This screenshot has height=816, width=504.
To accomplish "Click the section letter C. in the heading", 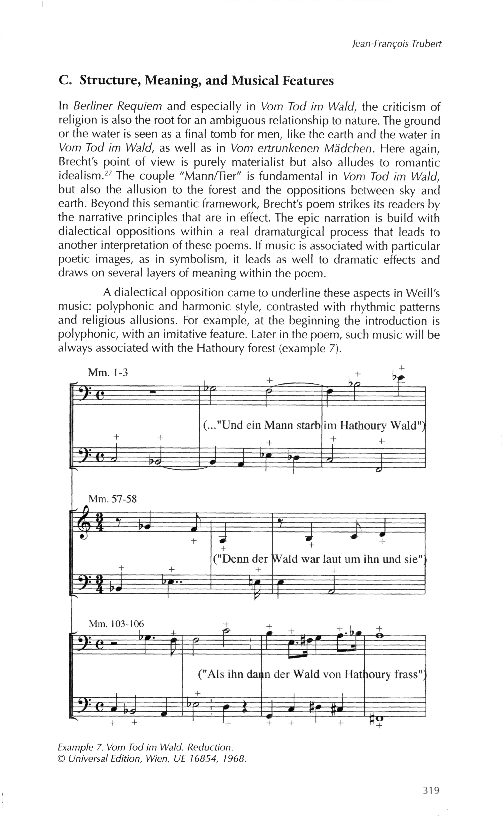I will click(x=64, y=81).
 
